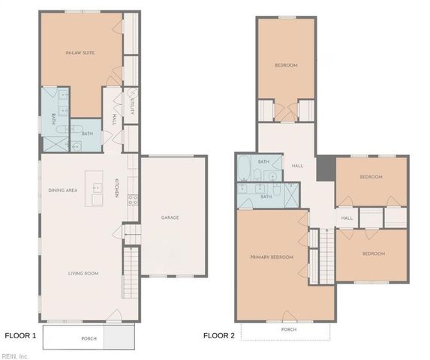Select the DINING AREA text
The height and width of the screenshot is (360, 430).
(x=62, y=190)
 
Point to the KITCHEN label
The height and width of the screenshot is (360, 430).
(x=116, y=189)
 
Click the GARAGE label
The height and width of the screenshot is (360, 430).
(x=170, y=217)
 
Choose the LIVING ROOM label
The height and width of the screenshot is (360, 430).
(x=81, y=273)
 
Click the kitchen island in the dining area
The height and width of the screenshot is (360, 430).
(x=96, y=193)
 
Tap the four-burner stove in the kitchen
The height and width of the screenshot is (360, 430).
(x=133, y=199)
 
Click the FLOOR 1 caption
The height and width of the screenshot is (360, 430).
(x=20, y=335)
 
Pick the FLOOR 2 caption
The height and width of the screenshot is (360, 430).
(x=218, y=335)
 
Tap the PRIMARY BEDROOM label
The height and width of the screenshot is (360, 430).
(x=271, y=257)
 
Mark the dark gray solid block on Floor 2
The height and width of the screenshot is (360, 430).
(x=325, y=169)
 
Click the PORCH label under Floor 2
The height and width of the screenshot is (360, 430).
(x=288, y=329)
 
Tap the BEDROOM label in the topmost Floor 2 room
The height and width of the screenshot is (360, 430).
(x=286, y=65)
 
